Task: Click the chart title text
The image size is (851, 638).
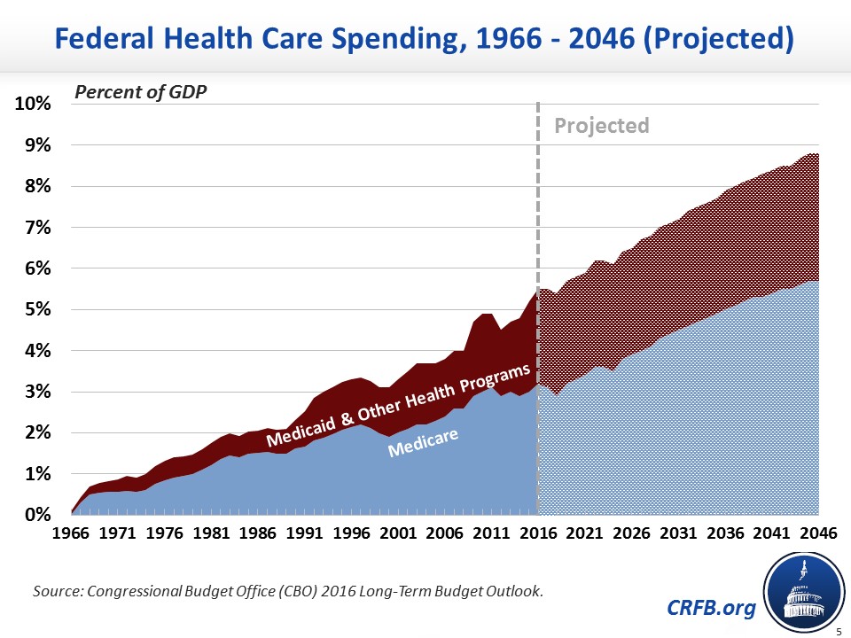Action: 425,38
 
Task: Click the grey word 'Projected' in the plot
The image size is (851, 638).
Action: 602,126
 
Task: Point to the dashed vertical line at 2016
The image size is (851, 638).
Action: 538,266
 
